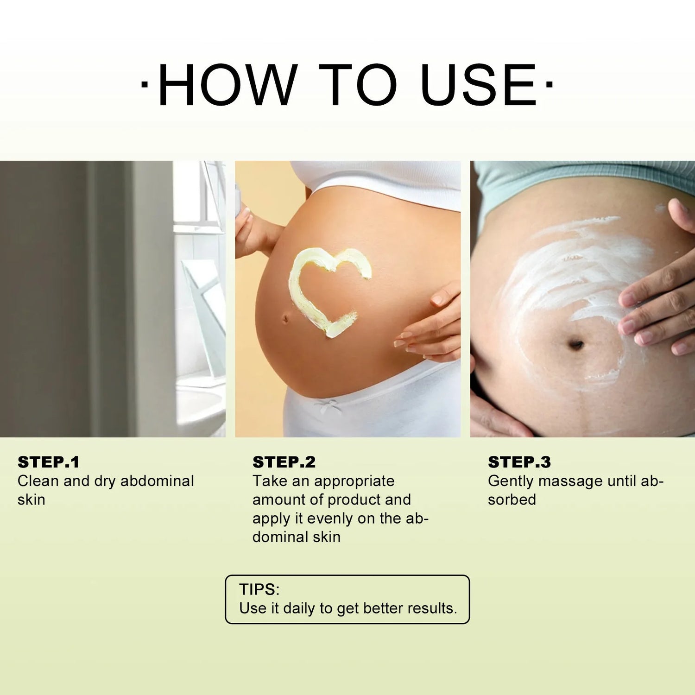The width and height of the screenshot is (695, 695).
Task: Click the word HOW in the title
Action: pyautogui.click(x=227, y=85)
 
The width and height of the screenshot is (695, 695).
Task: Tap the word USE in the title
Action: pyautogui.click(x=478, y=85)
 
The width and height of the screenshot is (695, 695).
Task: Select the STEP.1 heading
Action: pyautogui.click(x=49, y=462)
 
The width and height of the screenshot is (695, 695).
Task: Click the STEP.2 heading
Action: pyautogui.click(x=284, y=462)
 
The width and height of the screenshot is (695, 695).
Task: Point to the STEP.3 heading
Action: pyautogui.click(x=519, y=462)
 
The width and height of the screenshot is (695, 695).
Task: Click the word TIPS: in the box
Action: pyautogui.click(x=259, y=589)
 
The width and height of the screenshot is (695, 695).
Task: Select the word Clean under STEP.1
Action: pyautogui.click(x=38, y=481)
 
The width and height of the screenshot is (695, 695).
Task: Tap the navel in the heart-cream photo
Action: pyautogui.click(x=285, y=318)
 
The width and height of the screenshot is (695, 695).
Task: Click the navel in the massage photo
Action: pyautogui.click(x=575, y=344)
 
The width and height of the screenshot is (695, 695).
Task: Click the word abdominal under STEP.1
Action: pyautogui.click(x=157, y=481)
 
